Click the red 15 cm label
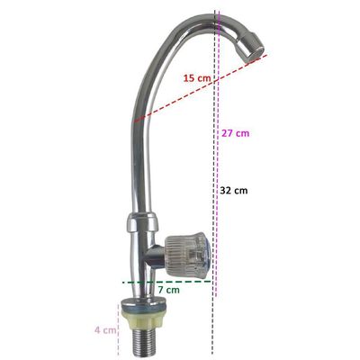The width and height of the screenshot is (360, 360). click(197, 78)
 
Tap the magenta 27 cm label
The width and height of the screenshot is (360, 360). click(236, 132)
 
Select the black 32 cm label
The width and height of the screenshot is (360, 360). click(234, 190)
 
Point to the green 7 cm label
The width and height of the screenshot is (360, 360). click(168, 290)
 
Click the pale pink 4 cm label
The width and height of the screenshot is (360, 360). click(105, 330)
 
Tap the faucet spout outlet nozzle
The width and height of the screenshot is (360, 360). click(253, 47)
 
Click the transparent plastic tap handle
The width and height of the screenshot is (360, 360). click(187, 251)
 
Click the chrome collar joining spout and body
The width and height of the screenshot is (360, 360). click(143, 223)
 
